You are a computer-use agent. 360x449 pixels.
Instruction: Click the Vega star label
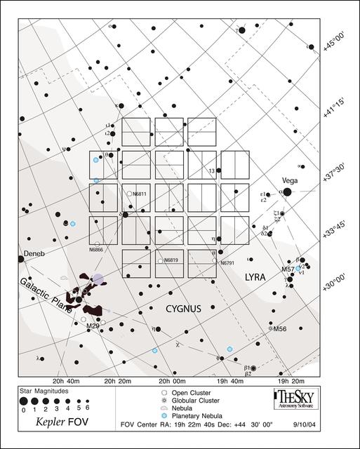[290, 180]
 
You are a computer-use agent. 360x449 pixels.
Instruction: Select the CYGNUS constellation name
[185, 307]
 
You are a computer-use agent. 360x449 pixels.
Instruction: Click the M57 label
[288, 269]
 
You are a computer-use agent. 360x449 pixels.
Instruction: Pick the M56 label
[280, 328]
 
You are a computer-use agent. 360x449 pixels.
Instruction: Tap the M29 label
[92, 326]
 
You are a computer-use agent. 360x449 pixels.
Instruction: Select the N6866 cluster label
[96, 250]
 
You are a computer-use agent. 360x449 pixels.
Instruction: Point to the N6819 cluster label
[172, 260]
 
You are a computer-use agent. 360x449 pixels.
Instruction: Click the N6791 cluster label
[227, 263]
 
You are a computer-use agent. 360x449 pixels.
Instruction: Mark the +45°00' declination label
[335, 43]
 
